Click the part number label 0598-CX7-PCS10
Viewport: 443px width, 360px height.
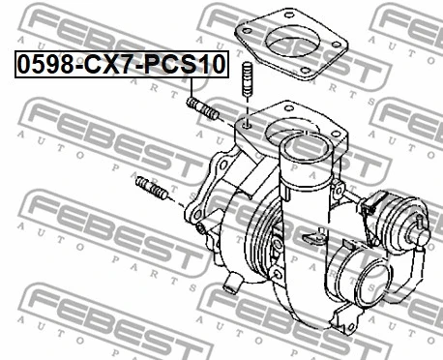pyautogui.click(x=119, y=67)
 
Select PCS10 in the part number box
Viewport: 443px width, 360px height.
pyautogui.click(x=189, y=67)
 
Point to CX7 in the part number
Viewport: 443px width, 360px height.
pyautogui.click(x=109, y=67)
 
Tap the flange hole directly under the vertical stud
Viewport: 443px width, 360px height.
pyautogui.click(x=247, y=125)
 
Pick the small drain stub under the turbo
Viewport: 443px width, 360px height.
pyautogui.click(x=232, y=285)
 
